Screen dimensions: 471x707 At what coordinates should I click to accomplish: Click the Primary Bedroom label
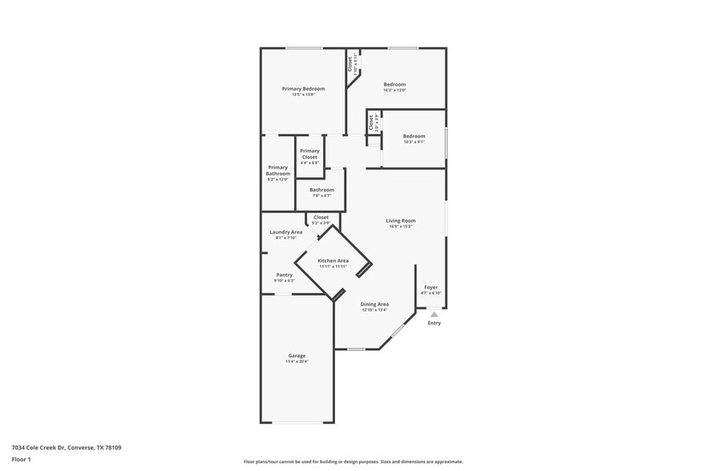tap(303, 88)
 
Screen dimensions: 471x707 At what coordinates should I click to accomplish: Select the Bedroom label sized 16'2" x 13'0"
tap(394, 84)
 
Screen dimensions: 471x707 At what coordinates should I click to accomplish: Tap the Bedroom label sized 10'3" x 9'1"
tap(414, 136)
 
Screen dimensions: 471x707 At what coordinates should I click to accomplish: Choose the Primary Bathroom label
tap(278, 170)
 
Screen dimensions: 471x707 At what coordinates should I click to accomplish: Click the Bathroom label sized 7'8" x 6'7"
tap(321, 190)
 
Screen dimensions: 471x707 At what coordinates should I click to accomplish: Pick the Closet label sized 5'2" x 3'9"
tap(321, 217)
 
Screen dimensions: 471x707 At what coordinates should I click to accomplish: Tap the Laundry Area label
tap(285, 231)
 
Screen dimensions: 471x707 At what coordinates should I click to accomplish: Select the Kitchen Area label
tap(333, 261)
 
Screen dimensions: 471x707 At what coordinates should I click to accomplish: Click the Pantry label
tap(285, 275)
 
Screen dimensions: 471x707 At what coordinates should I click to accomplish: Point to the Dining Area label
tap(374, 304)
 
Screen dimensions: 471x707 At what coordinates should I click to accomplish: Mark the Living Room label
tap(400, 220)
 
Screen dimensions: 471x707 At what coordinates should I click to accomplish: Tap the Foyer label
tap(431, 287)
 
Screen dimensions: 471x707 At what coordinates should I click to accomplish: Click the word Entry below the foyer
tap(434, 323)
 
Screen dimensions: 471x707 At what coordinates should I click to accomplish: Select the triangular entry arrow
tap(434, 314)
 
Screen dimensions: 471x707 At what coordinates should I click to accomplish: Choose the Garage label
tap(297, 356)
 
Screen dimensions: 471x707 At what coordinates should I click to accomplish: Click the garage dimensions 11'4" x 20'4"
tap(297, 362)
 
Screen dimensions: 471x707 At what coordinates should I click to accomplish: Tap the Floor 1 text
tap(21, 459)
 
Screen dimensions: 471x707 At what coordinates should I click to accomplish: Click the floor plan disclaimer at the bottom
tap(353, 461)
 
